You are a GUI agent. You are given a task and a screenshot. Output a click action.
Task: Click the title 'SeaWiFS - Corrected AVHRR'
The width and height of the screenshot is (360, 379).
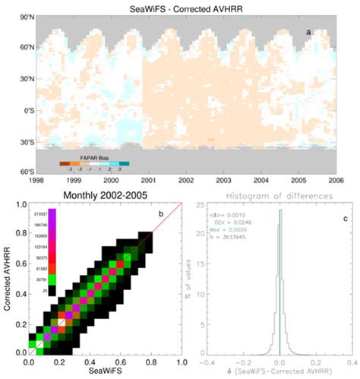click(179, 8)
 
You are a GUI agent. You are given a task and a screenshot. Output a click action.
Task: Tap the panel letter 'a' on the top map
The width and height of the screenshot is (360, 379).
click(308, 31)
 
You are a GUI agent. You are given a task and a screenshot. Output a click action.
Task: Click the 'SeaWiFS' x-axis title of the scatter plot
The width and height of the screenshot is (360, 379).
click(105, 373)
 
